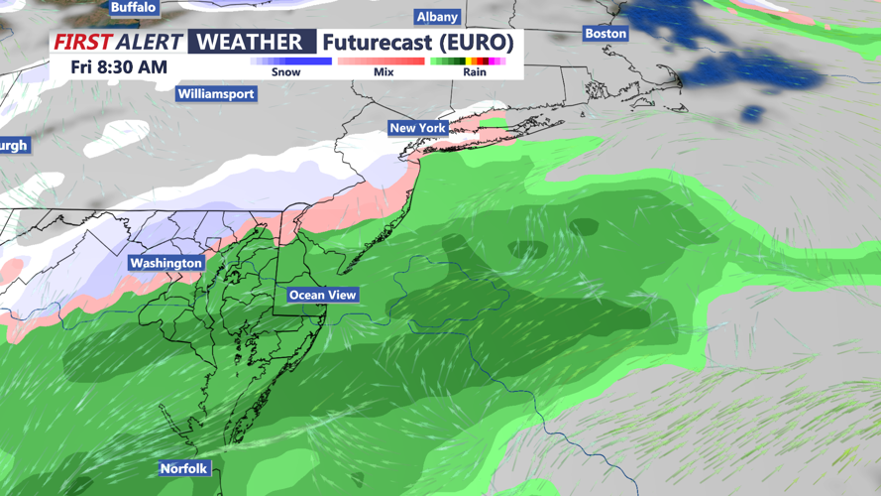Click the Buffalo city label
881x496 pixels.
click(134, 7)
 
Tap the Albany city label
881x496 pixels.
click(437, 17)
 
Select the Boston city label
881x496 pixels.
click(606, 33)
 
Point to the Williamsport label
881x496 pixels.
click(216, 94)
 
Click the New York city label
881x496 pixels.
click(417, 128)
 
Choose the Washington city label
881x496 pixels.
click(165, 263)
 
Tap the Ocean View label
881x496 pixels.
click(322, 295)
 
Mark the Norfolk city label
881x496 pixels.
click(184, 468)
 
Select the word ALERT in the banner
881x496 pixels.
click(150, 42)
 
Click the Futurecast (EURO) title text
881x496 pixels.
click(418, 43)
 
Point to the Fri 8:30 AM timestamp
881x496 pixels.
click(119, 67)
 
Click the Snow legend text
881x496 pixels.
click(285, 72)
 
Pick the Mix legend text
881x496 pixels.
click(384, 72)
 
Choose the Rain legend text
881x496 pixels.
click(475, 72)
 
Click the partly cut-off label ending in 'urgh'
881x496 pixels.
click(13, 146)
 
